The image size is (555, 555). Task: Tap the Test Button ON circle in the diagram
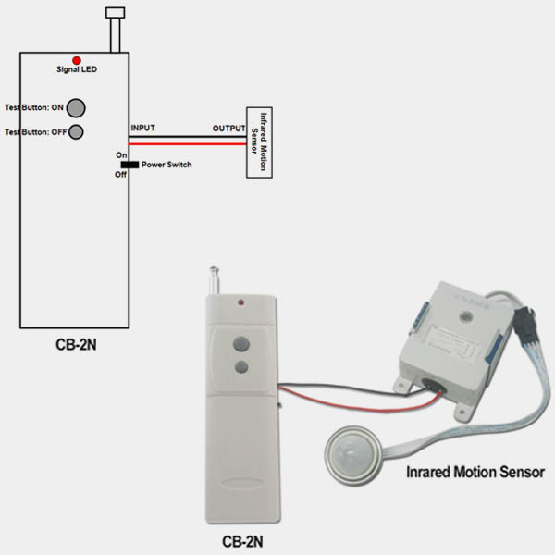point(77,107)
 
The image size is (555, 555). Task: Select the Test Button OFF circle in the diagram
point(76,131)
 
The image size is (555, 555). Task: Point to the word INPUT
point(143,128)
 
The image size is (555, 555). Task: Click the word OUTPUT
point(227,128)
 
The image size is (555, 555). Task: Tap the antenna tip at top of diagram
point(116,13)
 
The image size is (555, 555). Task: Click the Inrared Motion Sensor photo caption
point(475,472)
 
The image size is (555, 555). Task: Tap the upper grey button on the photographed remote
point(241,344)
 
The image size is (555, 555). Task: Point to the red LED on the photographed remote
point(241,302)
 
